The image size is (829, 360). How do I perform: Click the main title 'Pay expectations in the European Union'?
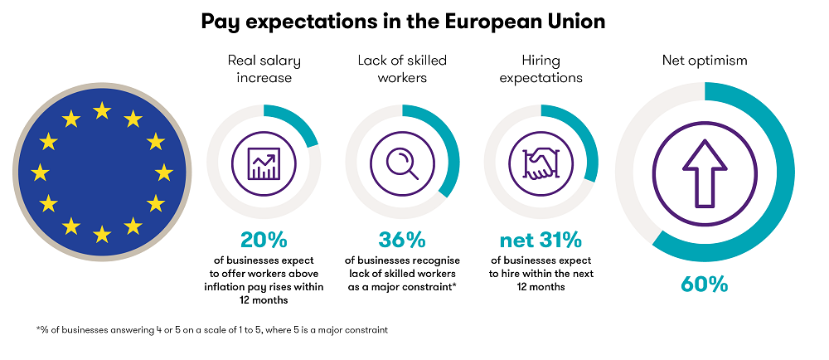point(403,22)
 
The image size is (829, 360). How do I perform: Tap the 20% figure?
point(263,241)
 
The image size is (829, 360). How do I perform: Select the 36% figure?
point(402,241)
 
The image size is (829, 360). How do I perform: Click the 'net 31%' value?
point(540,241)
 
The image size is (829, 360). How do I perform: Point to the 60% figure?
point(704,285)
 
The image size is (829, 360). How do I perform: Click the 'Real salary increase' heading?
point(263,69)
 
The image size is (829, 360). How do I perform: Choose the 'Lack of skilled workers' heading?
point(402,69)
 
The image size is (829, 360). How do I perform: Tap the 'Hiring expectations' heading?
point(540,69)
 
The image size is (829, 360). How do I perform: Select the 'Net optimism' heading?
point(704,60)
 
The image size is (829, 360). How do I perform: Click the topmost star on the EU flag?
point(102,109)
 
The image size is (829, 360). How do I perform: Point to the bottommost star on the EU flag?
point(102,235)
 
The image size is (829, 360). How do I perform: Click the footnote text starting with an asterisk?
point(212,329)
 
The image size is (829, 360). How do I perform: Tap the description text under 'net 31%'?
point(540,274)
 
